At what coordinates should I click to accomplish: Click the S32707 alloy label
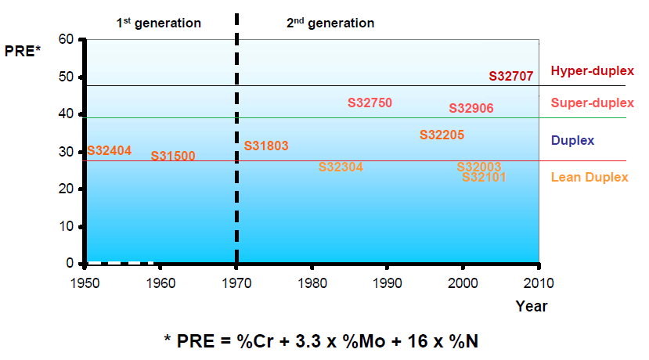click(511, 77)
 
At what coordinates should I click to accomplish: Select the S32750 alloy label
click(370, 103)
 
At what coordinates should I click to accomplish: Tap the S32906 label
click(471, 108)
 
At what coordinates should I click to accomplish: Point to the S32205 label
click(442, 135)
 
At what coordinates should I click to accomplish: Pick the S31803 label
click(266, 146)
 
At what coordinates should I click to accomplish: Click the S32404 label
click(109, 150)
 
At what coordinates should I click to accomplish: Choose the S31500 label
click(173, 156)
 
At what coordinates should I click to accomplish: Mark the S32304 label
click(341, 167)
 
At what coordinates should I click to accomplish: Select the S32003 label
click(478, 167)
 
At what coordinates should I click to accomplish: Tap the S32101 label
click(484, 178)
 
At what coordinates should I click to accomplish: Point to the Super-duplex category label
click(593, 103)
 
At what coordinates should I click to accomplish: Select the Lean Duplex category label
click(590, 177)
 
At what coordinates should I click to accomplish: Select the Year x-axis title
click(532, 306)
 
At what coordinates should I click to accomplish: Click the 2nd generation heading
click(330, 23)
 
